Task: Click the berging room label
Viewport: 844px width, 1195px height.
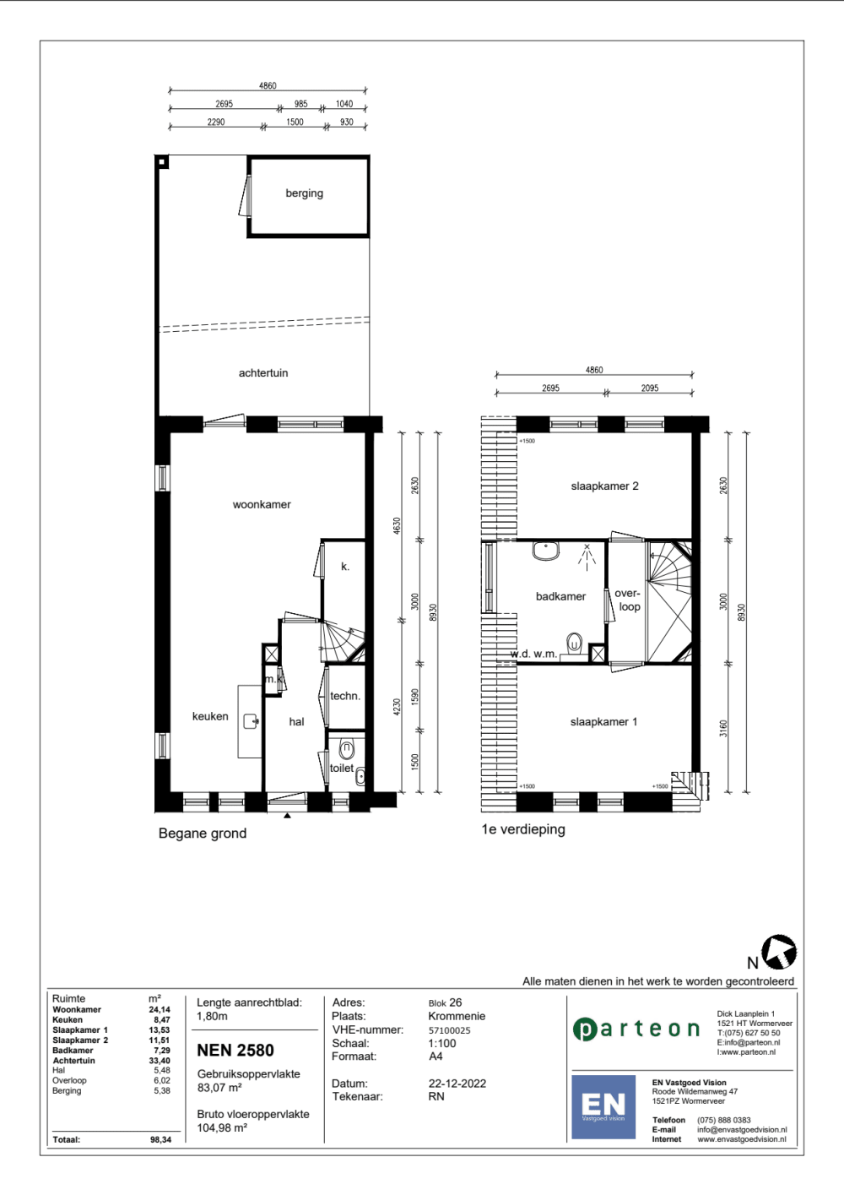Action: [x=304, y=193]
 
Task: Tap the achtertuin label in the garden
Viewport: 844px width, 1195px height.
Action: [x=262, y=373]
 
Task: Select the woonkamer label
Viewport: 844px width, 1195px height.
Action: [x=262, y=504]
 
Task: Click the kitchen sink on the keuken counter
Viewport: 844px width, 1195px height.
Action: [x=252, y=721]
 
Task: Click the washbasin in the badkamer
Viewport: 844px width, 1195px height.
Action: [x=545, y=551]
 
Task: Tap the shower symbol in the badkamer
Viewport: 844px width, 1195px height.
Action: [x=587, y=557]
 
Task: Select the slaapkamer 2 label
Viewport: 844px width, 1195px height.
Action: [x=604, y=486]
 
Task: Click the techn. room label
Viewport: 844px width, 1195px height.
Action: [x=345, y=696]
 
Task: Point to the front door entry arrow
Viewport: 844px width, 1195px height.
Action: [x=287, y=815]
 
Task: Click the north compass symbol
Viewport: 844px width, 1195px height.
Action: [x=779, y=952]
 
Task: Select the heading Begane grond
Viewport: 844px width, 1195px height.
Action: [x=203, y=834]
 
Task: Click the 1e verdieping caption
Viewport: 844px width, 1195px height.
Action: [x=523, y=829]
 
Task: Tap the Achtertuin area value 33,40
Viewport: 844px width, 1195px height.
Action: [x=160, y=1061]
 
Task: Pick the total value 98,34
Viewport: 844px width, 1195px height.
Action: [x=160, y=1139]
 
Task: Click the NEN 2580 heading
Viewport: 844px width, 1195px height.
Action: [x=235, y=1050]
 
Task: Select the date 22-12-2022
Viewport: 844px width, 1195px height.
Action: [x=457, y=1084]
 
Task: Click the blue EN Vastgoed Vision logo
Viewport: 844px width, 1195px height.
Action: [x=603, y=1107]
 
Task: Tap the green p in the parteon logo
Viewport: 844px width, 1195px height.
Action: [x=584, y=1029]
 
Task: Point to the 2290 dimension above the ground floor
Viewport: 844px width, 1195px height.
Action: [x=216, y=122]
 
